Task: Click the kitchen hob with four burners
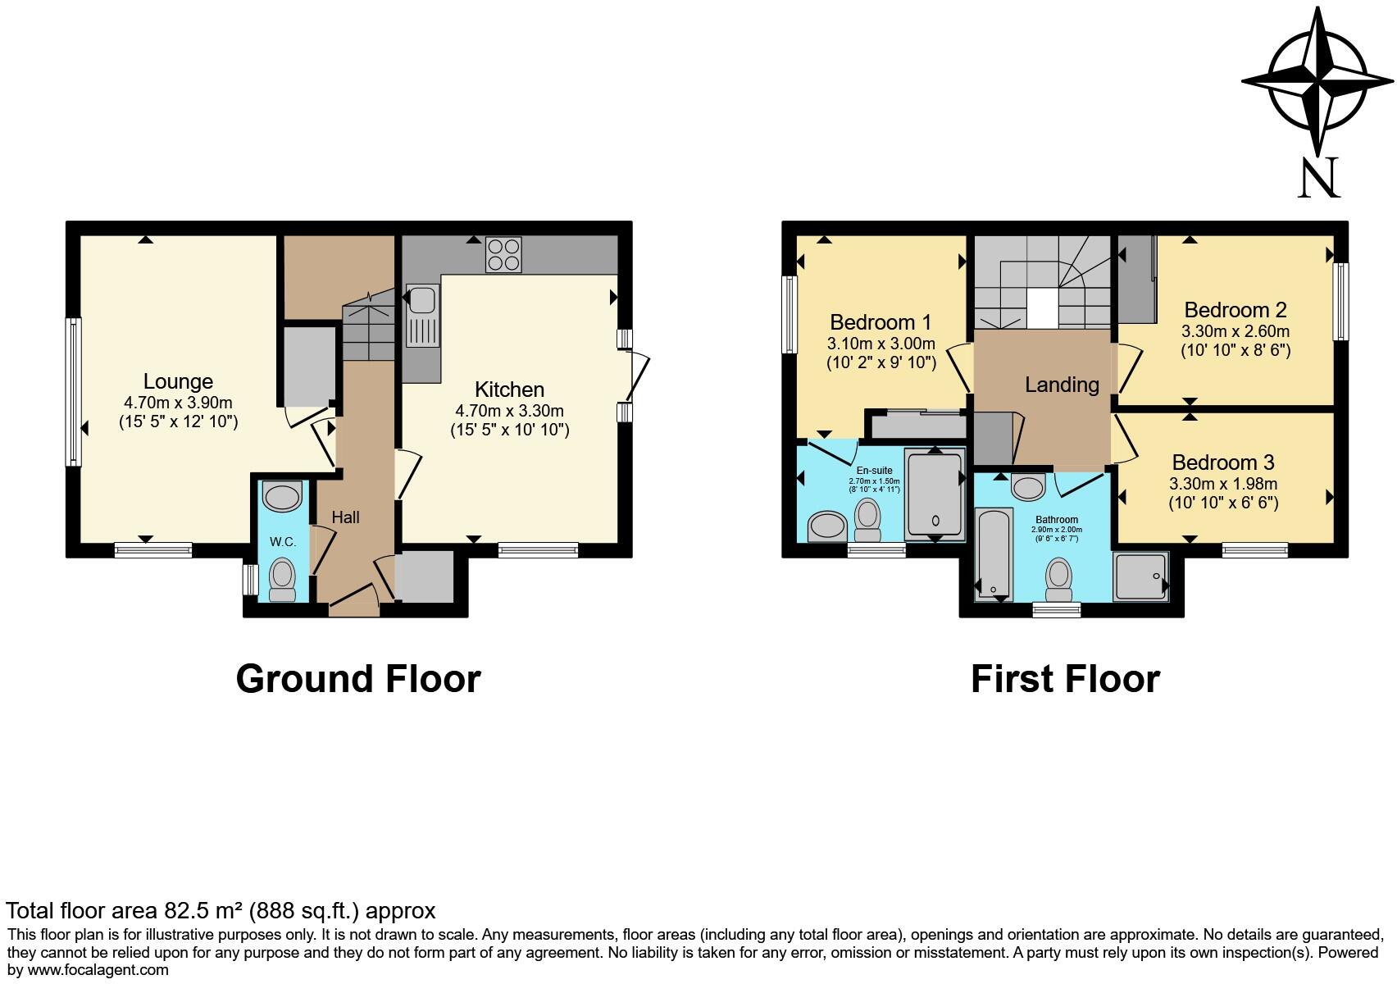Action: [x=504, y=254]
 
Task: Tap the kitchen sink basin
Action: [x=421, y=300]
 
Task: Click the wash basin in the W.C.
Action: [x=283, y=497]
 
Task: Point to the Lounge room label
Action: [x=179, y=380]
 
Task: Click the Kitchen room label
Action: [x=510, y=389]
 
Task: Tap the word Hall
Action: [x=345, y=517]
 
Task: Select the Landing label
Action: [x=1062, y=385]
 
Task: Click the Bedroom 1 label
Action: [x=881, y=322]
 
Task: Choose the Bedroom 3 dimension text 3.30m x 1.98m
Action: [x=1224, y=484]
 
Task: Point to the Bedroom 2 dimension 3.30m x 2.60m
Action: [x=1235, y=331]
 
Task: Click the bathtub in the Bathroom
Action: [x=994, y=554]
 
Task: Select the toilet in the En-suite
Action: [x=867, y=519]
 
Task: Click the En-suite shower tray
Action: [x=935, y=496]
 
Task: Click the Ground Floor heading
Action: [x=358, y=679]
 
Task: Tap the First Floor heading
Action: [x=1066, y=679]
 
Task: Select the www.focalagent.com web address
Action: [x=98, y=970]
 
